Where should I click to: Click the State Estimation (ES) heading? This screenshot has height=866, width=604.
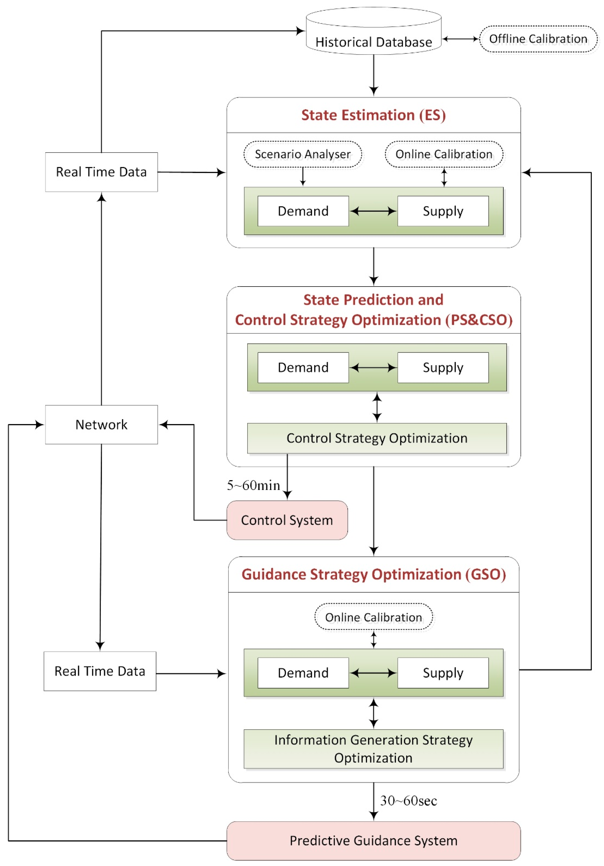tap(373, 115)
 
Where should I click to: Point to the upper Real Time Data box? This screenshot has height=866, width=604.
tap(101, 172)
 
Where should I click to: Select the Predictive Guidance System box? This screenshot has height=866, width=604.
tap(373, 841)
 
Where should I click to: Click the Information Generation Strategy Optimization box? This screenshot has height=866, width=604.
tap(373, 749)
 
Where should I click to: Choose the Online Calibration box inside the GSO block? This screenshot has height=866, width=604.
tap(373, 617)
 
